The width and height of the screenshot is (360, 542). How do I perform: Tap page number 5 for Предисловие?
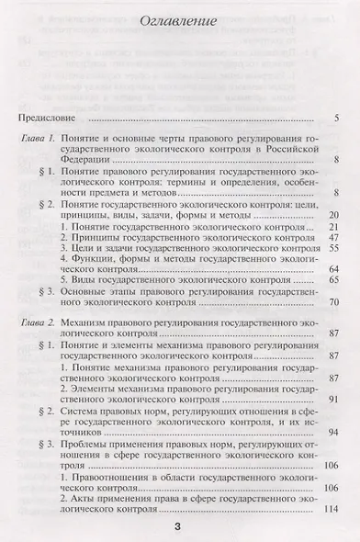coord(337,119)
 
